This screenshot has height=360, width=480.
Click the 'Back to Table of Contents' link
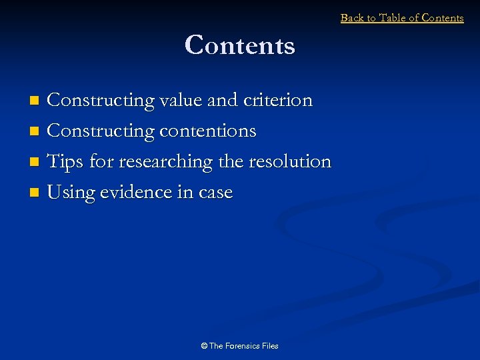[402, 18]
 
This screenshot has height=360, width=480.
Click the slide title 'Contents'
[240, 45]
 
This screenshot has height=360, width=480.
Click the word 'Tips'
[65, 161]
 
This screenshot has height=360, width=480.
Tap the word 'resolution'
[289, 161]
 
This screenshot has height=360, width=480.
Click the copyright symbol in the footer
[204, 346]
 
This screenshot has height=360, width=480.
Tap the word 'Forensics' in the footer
[243, 346]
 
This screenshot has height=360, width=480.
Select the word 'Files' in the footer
[270, 346]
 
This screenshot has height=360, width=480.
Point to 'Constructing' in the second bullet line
[101, 131]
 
